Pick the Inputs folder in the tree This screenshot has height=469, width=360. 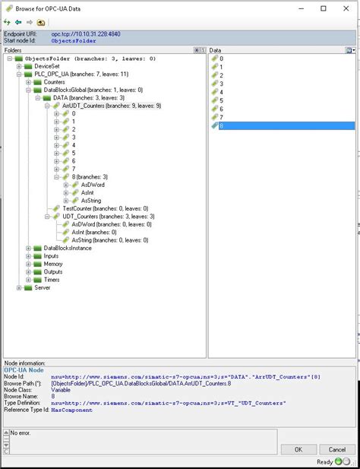tap(51, 256)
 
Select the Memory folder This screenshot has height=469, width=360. tap(53, 264)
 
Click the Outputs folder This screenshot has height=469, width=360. tap(53, 271)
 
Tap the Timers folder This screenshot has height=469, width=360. tap(52, 280)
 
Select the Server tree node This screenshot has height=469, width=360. tap(43, 287)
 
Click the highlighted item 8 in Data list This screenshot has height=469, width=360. tap(221, 126)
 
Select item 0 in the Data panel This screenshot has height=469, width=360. tap(221, 59)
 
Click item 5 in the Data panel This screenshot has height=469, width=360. tap(221, 100)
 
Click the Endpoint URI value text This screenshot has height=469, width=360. tap(86, 34)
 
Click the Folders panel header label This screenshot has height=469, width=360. tap(14, 49)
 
